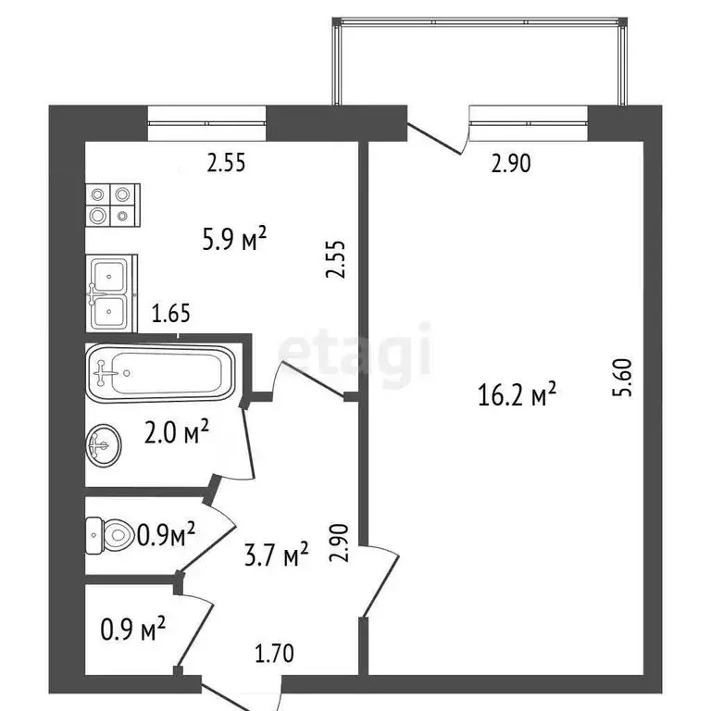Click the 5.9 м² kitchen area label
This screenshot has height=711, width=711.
(x=234, y=242)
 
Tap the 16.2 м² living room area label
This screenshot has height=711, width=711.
(x=518, y=396)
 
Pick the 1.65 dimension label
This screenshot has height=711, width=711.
(x=171, y=314)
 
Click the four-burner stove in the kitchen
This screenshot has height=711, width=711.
(x=112, y=205)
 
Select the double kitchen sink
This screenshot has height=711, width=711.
(x=111, y=293)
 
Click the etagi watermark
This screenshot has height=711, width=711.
(x=356, y=351)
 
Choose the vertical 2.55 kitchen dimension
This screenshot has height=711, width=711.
(x=339, y=259)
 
